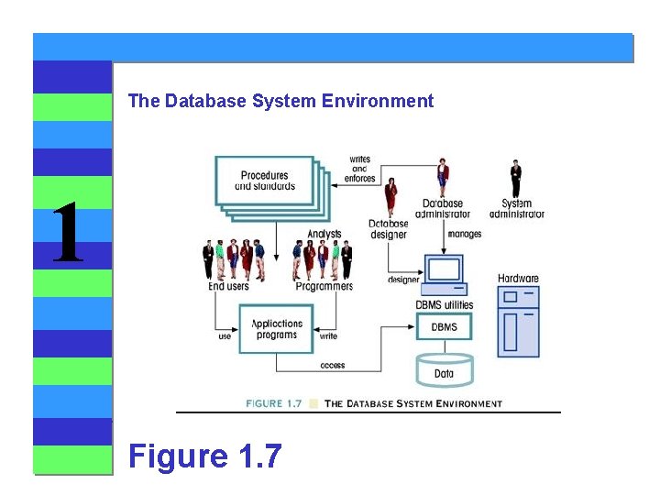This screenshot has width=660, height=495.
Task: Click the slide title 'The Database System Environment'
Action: [280, 102]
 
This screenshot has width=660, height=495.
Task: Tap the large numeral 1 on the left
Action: [67, 234]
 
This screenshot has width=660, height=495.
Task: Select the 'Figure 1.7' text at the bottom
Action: [205, 455]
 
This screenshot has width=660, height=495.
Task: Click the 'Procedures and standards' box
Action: [264, 181]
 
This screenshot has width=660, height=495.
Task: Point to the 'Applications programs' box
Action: [277, 329]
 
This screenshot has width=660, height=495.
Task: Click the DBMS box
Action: [444, 327]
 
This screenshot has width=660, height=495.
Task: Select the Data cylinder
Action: [444, 369]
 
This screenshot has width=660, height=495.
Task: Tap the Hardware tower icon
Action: [518, 321]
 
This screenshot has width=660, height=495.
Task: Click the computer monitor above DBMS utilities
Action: [445, 272]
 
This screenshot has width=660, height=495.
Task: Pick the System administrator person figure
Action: [516, 178]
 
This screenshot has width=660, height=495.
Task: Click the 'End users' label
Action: [228, 287]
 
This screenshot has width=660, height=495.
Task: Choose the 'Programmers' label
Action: [324, 287]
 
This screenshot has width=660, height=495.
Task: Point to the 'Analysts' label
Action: [324, 235]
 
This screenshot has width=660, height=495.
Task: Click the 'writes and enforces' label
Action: [360, 169]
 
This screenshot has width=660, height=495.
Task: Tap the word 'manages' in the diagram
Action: [465, 235]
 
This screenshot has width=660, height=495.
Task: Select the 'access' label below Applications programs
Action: [333, 365]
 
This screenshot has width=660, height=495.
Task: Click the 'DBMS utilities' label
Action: [445, 304]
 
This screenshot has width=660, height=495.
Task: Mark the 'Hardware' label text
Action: [518, 279]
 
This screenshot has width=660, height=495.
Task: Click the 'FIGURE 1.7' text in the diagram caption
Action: [274, 403]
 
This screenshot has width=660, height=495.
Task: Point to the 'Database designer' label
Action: [389, 228]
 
